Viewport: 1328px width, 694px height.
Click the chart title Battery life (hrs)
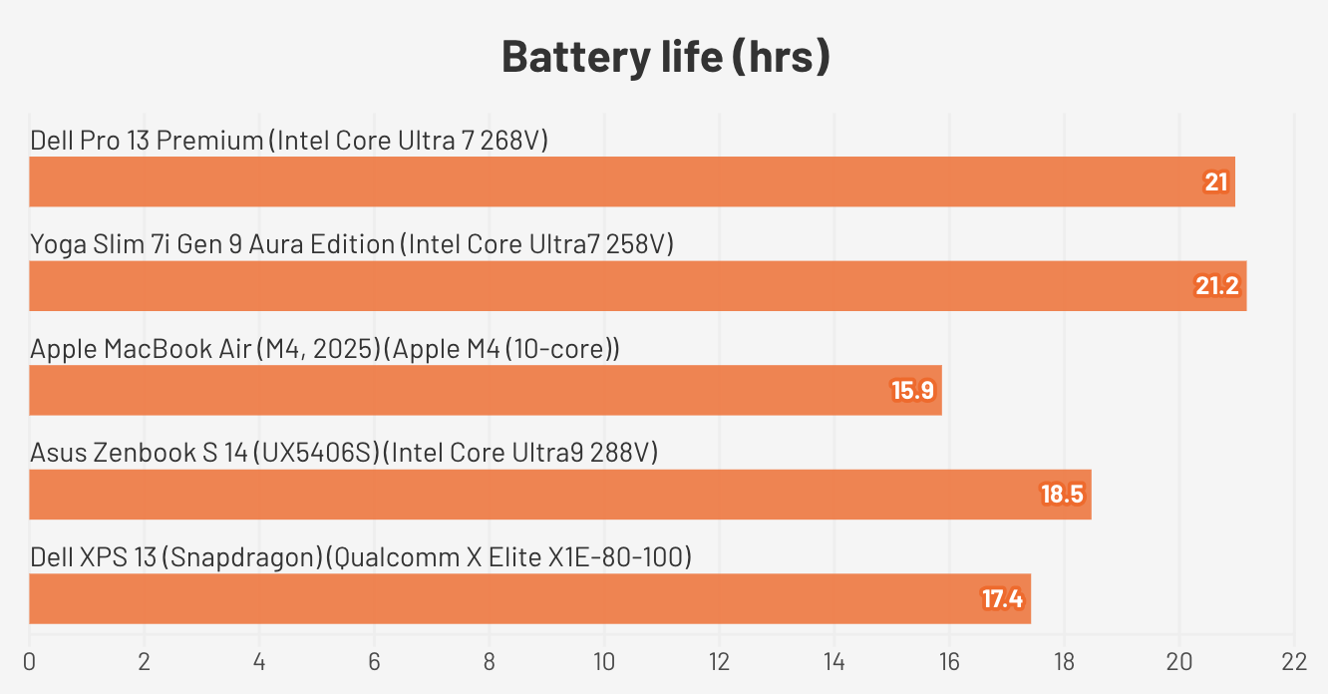click(x=665, y=58)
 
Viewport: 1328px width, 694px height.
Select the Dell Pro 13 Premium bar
click(x=632, y=181)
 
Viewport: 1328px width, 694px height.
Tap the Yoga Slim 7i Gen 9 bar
click(x=638, y=286)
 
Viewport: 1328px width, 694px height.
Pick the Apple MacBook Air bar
click(x=486, y=390)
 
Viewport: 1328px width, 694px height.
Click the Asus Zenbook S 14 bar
click(x=560, y=495)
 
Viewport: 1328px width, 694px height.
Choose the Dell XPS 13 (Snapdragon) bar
click(x=529, y=599)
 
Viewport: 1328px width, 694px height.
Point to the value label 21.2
click(x=1216, y=286)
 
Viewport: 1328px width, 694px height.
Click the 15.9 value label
click(x=912, y=390)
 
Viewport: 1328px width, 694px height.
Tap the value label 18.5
click(x=1062, y=495)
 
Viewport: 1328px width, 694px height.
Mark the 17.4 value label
click(x=1002, y=599)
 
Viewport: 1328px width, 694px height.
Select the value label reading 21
click(x=1215, y=181)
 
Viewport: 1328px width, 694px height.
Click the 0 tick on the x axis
click(x=30, y=661)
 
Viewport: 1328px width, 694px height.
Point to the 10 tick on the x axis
click(x=604, y=661)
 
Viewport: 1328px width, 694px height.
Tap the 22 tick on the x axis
click(x=1294, y=661)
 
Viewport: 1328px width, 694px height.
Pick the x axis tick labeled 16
click(x=949, y=661)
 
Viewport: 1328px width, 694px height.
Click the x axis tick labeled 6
click(x=375, y=661)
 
